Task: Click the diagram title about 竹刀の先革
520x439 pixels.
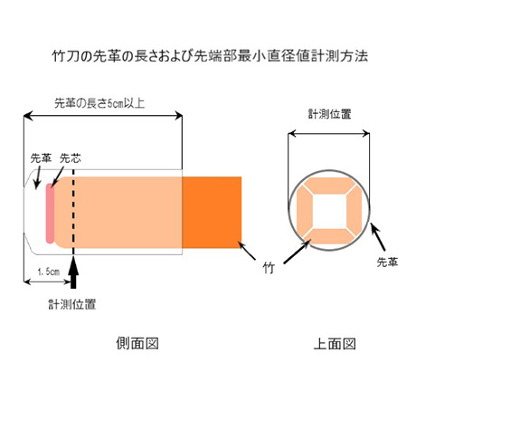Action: pyautogui.click(x=210, y=56)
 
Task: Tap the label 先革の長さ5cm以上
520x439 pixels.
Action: pyautogui.click(x=99, y=103)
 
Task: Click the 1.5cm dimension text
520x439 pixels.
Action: pyautogui.click(x=49, y=272)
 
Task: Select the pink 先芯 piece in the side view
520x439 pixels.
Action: pyautogui.click(x=50, y=213)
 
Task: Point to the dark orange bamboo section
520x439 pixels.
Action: pyautogui.click(x=212, y=213)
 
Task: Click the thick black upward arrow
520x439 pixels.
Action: pyautogui.click(x=73, y=272)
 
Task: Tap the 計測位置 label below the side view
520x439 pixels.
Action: pyautogui.click(x=72, y=304)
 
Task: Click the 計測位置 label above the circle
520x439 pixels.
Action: pyautogui.click(x=330, y=114)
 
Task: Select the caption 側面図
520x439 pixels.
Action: pyautogui.click(x=137, y=343)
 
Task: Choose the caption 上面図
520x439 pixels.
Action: pyautogui.click(x=335, y=344)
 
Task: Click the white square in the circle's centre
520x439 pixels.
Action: pyautogui.click(x=329, y=211)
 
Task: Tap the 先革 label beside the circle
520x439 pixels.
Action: pyautogui.click(x=387, y=262)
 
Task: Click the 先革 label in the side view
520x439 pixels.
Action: pyautogui.click(x=41, y=158)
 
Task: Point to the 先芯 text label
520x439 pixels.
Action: pyautogui.click(x=71, y=158)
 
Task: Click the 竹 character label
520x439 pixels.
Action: pyautogui.click(x=269, y=268)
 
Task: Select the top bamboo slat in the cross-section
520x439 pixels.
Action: pyautogui.click(x=329, y=186)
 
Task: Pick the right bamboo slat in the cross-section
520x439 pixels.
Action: pyautogui.click(x=354, y=211)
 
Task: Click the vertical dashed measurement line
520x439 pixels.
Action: pyautogui.click(x=73, y=213)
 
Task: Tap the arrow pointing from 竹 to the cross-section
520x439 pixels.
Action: pyautogui.click(x=297, y=252)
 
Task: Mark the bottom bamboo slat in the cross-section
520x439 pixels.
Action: pyautogui.click(x=329, y=236)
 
